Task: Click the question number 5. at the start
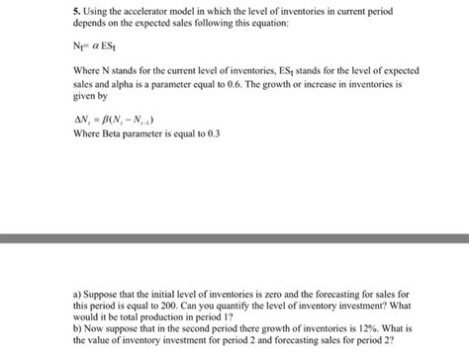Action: point(77,11)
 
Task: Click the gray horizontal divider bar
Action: point(234,237)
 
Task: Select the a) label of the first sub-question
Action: point(78,295)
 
